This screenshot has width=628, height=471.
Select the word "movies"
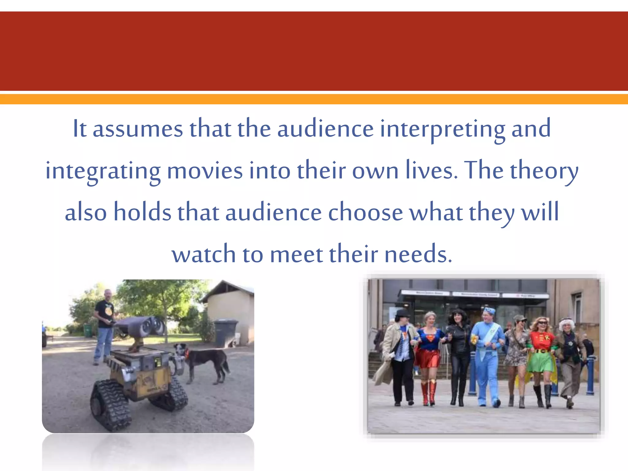click(x=205, y=170)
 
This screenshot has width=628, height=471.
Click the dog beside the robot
click(x=202, y=362)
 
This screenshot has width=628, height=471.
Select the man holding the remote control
click(x=104, y=325)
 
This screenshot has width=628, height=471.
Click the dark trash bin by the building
click(x=225, y=333)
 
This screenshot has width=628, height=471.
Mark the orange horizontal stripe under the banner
click(x=314, y=99)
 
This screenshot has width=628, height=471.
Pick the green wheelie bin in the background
click(x=88, y=330)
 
